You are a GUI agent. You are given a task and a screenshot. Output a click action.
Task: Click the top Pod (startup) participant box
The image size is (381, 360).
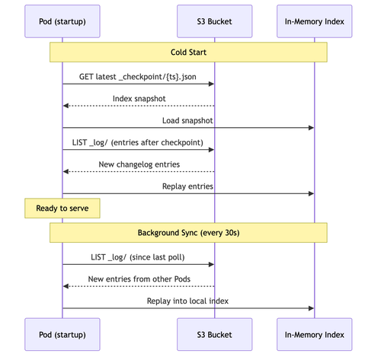pyautogui.click(x=62, y=21)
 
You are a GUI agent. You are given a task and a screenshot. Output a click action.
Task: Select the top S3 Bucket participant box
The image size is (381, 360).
pyautogui.click(x=214, y=21)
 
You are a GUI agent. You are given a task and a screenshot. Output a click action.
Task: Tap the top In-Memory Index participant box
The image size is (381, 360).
pyautogui.click(x=315, y=21)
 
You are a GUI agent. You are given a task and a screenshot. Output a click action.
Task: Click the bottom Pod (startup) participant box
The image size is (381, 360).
pyautogui.click(x=62, y=334)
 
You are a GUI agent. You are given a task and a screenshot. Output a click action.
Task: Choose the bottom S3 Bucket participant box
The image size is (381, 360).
pyautogui.click(x=214, y=334)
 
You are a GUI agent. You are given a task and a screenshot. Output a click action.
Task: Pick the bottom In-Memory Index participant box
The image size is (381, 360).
pyautogui.click(x=315, y=334)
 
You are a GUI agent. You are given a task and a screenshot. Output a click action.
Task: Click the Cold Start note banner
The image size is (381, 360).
pyautogui.click(x=188, y=52)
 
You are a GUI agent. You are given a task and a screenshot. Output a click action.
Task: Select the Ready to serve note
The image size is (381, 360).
pyautogui.click(x=62, y=209)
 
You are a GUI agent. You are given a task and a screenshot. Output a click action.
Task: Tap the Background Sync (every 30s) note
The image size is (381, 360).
pyautogui.click(x=188, y=233)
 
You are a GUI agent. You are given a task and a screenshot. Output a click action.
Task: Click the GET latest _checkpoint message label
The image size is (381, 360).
pyautogui.click(x=138, y=77)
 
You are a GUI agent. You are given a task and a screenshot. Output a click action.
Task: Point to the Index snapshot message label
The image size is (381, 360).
pyautogui.click(x=139, y=98)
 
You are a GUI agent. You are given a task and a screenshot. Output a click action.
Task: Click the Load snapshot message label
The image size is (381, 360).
pyautogui.click(x=187, y=120)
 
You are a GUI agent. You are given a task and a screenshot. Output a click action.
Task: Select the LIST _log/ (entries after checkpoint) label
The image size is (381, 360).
pyautogui.click(x=138, y=142)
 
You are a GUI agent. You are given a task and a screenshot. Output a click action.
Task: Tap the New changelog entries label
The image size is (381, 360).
pyautogui.click(x=139, y=164)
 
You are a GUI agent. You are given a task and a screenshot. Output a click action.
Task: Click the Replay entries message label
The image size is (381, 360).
pyautogui.click(x=187, y=186)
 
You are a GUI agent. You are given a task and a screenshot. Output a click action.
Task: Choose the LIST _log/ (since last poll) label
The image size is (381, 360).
pyautogui.click(x=138, y=257)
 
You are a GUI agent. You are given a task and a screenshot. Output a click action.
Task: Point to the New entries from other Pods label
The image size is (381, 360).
pyautogui.click(x=139, y=279)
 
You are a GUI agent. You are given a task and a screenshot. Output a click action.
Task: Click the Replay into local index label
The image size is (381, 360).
pyautogui.click(x=187, y=301)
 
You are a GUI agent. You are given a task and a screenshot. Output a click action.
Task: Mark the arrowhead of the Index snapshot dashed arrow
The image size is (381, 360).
pyautogui.click(x=66, y=106)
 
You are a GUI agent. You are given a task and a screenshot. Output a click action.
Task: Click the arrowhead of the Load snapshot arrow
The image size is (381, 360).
pyautogui.click(x=311, y=128)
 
